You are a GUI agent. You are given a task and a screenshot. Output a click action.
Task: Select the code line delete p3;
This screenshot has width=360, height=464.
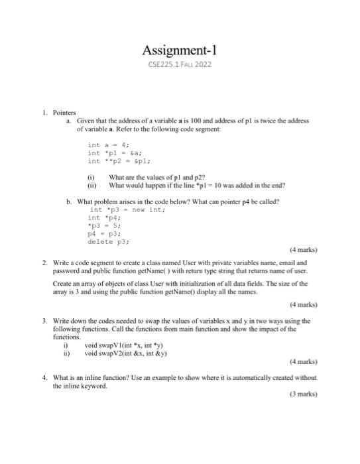(108, 241)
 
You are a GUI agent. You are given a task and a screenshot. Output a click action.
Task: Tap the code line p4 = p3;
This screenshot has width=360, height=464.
(102, 233)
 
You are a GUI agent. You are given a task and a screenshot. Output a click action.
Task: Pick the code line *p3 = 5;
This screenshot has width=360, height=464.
(102, 225)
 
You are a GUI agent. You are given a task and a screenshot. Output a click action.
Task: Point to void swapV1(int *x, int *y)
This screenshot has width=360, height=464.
(125, 345)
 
